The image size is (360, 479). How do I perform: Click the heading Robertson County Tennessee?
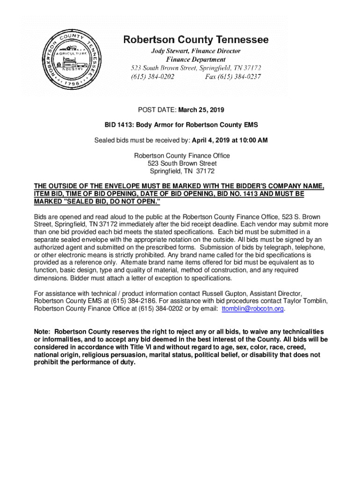(195, 40)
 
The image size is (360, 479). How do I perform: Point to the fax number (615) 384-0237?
(233, 76)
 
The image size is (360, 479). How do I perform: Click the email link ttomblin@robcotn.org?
(253, 309)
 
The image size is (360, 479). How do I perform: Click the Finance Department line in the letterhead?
(195, 59)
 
